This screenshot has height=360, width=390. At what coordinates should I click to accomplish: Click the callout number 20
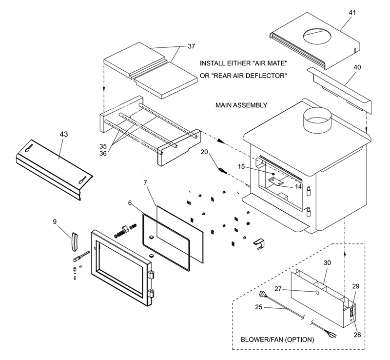[205, 152]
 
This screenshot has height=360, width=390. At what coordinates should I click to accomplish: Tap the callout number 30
[327, 262]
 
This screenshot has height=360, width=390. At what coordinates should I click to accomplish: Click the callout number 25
[259, 307]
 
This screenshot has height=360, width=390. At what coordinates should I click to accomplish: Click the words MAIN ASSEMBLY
[241, 105]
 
